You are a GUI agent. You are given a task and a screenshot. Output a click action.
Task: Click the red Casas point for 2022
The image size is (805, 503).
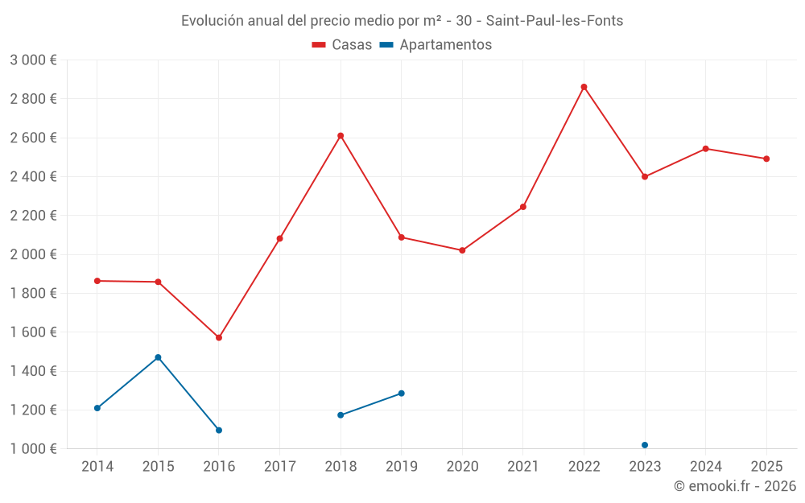coord(584,87)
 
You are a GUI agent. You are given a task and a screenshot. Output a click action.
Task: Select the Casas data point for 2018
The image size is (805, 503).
coord(341,136)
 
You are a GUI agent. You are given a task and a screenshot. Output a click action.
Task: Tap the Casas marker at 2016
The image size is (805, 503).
coord(219,337)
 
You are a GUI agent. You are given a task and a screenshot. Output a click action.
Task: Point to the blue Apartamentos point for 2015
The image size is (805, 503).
coord(158,357)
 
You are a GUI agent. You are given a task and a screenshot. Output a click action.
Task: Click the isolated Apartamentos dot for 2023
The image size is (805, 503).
coord(645,445)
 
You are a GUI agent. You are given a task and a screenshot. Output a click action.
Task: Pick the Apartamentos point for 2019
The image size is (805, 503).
coord(401,394)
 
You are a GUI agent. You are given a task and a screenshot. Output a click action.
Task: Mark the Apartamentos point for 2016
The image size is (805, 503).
coord(219,430)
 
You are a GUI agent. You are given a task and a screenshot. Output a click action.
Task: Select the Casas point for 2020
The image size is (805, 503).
coord(462,250)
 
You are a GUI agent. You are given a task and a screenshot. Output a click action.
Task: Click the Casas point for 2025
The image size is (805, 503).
coord(766,159)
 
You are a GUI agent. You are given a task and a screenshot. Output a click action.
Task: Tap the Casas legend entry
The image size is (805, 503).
coord(342,45)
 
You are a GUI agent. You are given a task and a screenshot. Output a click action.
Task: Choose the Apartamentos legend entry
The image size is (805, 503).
coord(436,45)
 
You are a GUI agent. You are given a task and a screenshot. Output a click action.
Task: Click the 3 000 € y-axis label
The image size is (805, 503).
coord(33,60)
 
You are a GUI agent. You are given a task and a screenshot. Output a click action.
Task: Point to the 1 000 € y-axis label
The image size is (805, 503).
coord(33,449)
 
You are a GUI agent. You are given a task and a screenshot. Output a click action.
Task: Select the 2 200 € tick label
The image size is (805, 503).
coord(33,216)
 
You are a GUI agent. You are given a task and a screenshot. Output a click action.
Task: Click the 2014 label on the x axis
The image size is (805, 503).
coord(97,466)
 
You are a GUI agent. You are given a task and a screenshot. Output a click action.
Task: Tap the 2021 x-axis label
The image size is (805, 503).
coord(523,466)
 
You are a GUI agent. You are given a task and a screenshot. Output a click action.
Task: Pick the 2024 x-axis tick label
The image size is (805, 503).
coord(705,466)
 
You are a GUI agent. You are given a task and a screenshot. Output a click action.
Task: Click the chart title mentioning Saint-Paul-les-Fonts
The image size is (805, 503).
coord(402,21)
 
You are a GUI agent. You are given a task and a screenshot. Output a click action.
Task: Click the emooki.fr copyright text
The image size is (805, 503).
coord(734,486)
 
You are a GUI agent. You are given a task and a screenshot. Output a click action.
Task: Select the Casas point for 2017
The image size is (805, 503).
coord(279,238)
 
